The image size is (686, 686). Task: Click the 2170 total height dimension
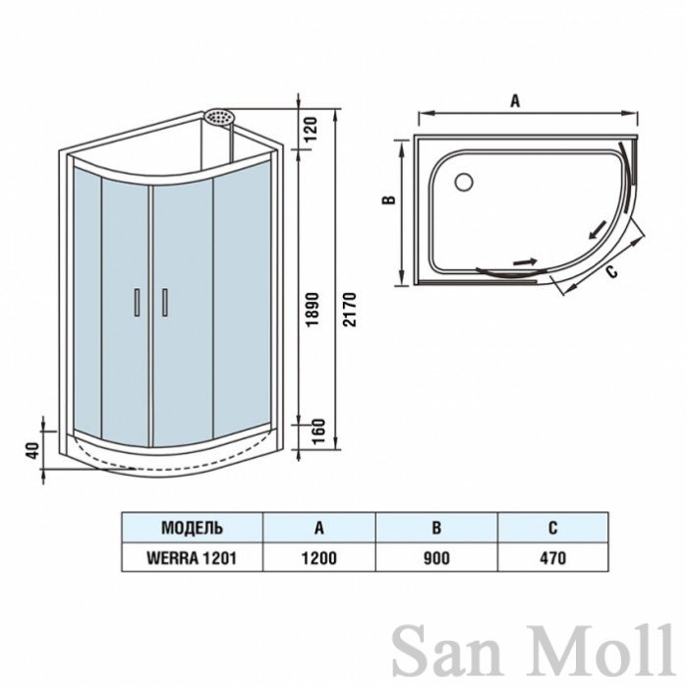tap(350, 310)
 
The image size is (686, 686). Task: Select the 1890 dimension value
tap(314, 310)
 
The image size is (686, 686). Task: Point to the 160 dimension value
tap(319, 431)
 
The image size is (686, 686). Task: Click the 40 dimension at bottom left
tap(33, 451)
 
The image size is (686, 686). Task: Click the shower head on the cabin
tap(219, 117)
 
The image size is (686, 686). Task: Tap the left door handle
tap(137, 303)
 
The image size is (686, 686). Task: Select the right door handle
tap(165, 303)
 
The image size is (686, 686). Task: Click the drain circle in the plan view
tap(464, 182)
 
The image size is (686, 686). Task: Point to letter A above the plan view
tap(515, 101)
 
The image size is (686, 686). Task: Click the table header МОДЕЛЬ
tap(192, 528)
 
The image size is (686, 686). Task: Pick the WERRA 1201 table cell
tap(192, 558)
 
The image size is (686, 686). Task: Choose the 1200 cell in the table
tap(319, 558)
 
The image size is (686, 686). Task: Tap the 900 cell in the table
tap(436, 558)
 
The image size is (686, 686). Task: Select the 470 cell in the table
tap(553, 558)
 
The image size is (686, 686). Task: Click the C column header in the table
tap(553, 528)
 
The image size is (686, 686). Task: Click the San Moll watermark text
tap(533, 651)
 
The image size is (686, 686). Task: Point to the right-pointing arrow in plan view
tap(525, 261)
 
